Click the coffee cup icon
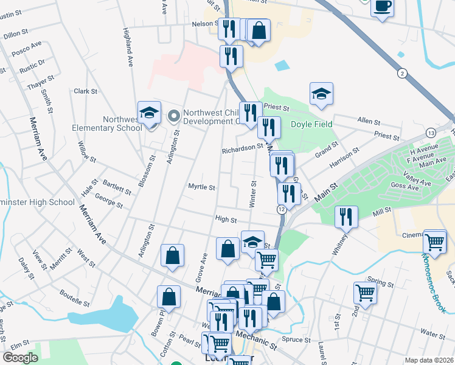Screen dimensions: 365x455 381,7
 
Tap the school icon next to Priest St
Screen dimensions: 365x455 321,94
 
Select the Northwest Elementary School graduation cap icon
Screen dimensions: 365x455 149,113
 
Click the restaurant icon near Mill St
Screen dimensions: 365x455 346,216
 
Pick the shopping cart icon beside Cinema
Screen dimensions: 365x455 435,241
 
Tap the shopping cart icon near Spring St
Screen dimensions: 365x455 366,293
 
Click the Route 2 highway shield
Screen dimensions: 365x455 401,73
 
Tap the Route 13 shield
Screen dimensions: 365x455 431,133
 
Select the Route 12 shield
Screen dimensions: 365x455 282,209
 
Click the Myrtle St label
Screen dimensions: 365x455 202,187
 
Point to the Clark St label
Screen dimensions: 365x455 86,91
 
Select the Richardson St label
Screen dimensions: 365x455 242,147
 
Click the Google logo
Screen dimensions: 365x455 21,358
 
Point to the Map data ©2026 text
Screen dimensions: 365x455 429,360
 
